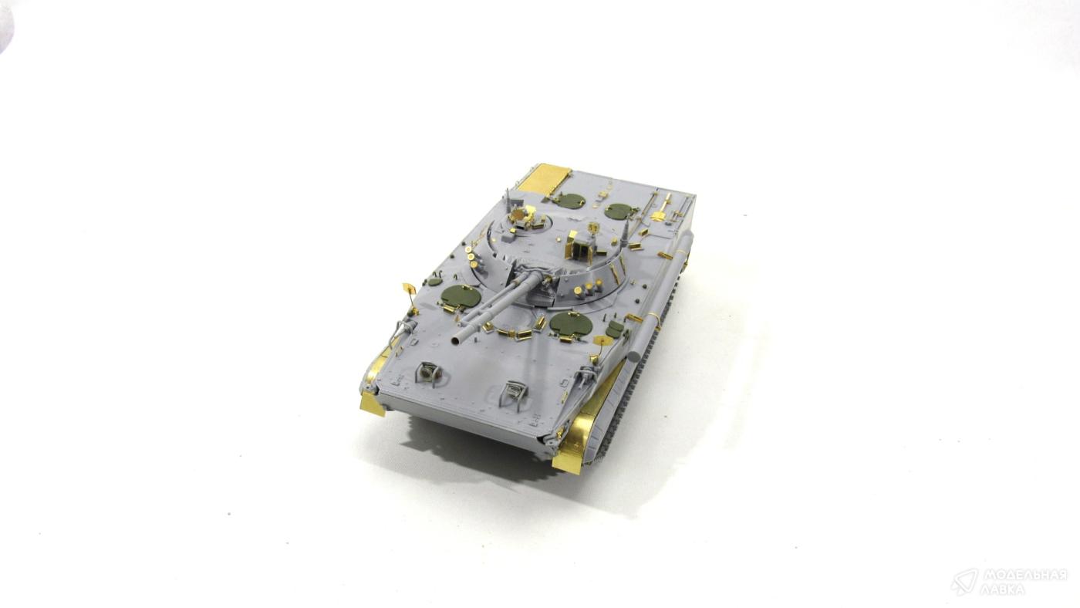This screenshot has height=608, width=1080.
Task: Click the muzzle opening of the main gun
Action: (x=454, y=341)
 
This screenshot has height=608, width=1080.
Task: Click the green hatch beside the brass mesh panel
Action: (x=569, y=201)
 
